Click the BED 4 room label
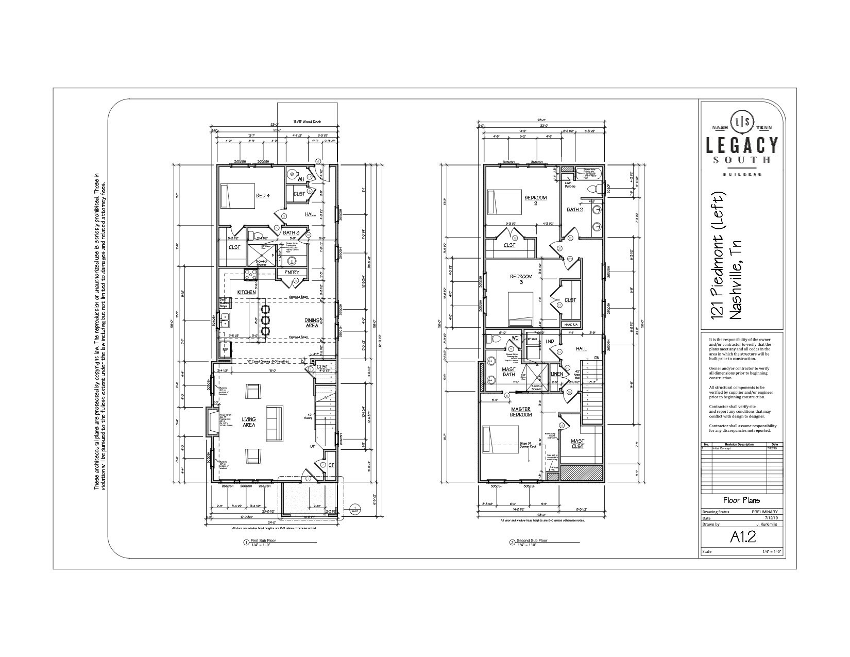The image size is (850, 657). pos(263,196)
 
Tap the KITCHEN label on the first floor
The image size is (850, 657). pos(246,292)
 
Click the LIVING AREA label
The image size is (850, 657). pos(249,422)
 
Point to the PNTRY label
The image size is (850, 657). pos(292,273)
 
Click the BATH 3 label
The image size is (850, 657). pos(291,233)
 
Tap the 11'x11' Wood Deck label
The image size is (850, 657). pos(308,122)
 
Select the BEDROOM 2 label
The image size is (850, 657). pos(535,200)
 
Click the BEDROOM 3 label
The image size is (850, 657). pos(521,279)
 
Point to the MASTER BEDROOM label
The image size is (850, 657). pos(521,412)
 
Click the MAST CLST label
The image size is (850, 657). pos(577,443)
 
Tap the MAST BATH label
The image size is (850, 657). pos(508,372)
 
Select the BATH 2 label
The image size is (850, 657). pos(575,209)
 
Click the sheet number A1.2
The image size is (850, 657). pos(742,537)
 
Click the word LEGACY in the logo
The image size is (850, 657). pos(742,144)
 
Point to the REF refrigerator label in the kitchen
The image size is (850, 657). pos(225,350)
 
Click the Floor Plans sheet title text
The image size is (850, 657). pos(742,500)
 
